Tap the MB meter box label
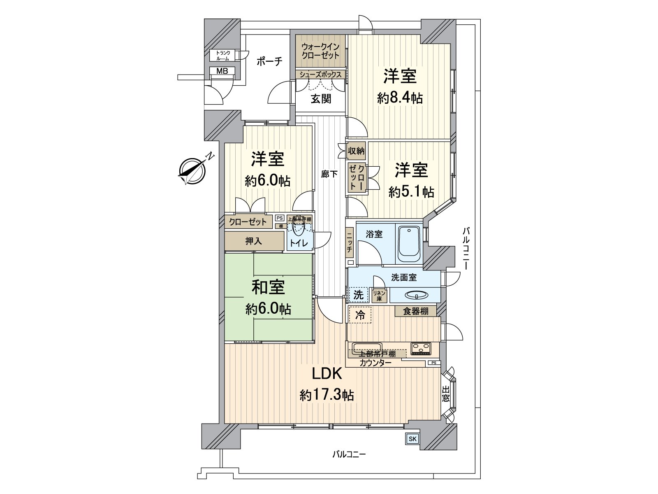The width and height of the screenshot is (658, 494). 222,71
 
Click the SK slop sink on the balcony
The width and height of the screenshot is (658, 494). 412,439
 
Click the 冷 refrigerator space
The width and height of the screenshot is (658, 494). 360,315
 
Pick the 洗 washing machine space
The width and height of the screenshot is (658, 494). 359,294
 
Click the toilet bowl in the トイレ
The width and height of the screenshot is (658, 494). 298,227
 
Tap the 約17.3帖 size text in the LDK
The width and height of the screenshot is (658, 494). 327,396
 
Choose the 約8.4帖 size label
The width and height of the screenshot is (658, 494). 400,98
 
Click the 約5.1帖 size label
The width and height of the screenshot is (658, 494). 411,192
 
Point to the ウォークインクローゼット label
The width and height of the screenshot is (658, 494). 321,51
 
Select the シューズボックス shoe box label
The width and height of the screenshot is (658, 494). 320,75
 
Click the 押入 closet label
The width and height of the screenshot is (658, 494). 253,241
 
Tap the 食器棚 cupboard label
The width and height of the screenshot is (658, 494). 415,311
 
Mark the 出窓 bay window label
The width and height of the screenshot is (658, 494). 446,394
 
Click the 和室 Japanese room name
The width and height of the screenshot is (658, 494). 268,287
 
